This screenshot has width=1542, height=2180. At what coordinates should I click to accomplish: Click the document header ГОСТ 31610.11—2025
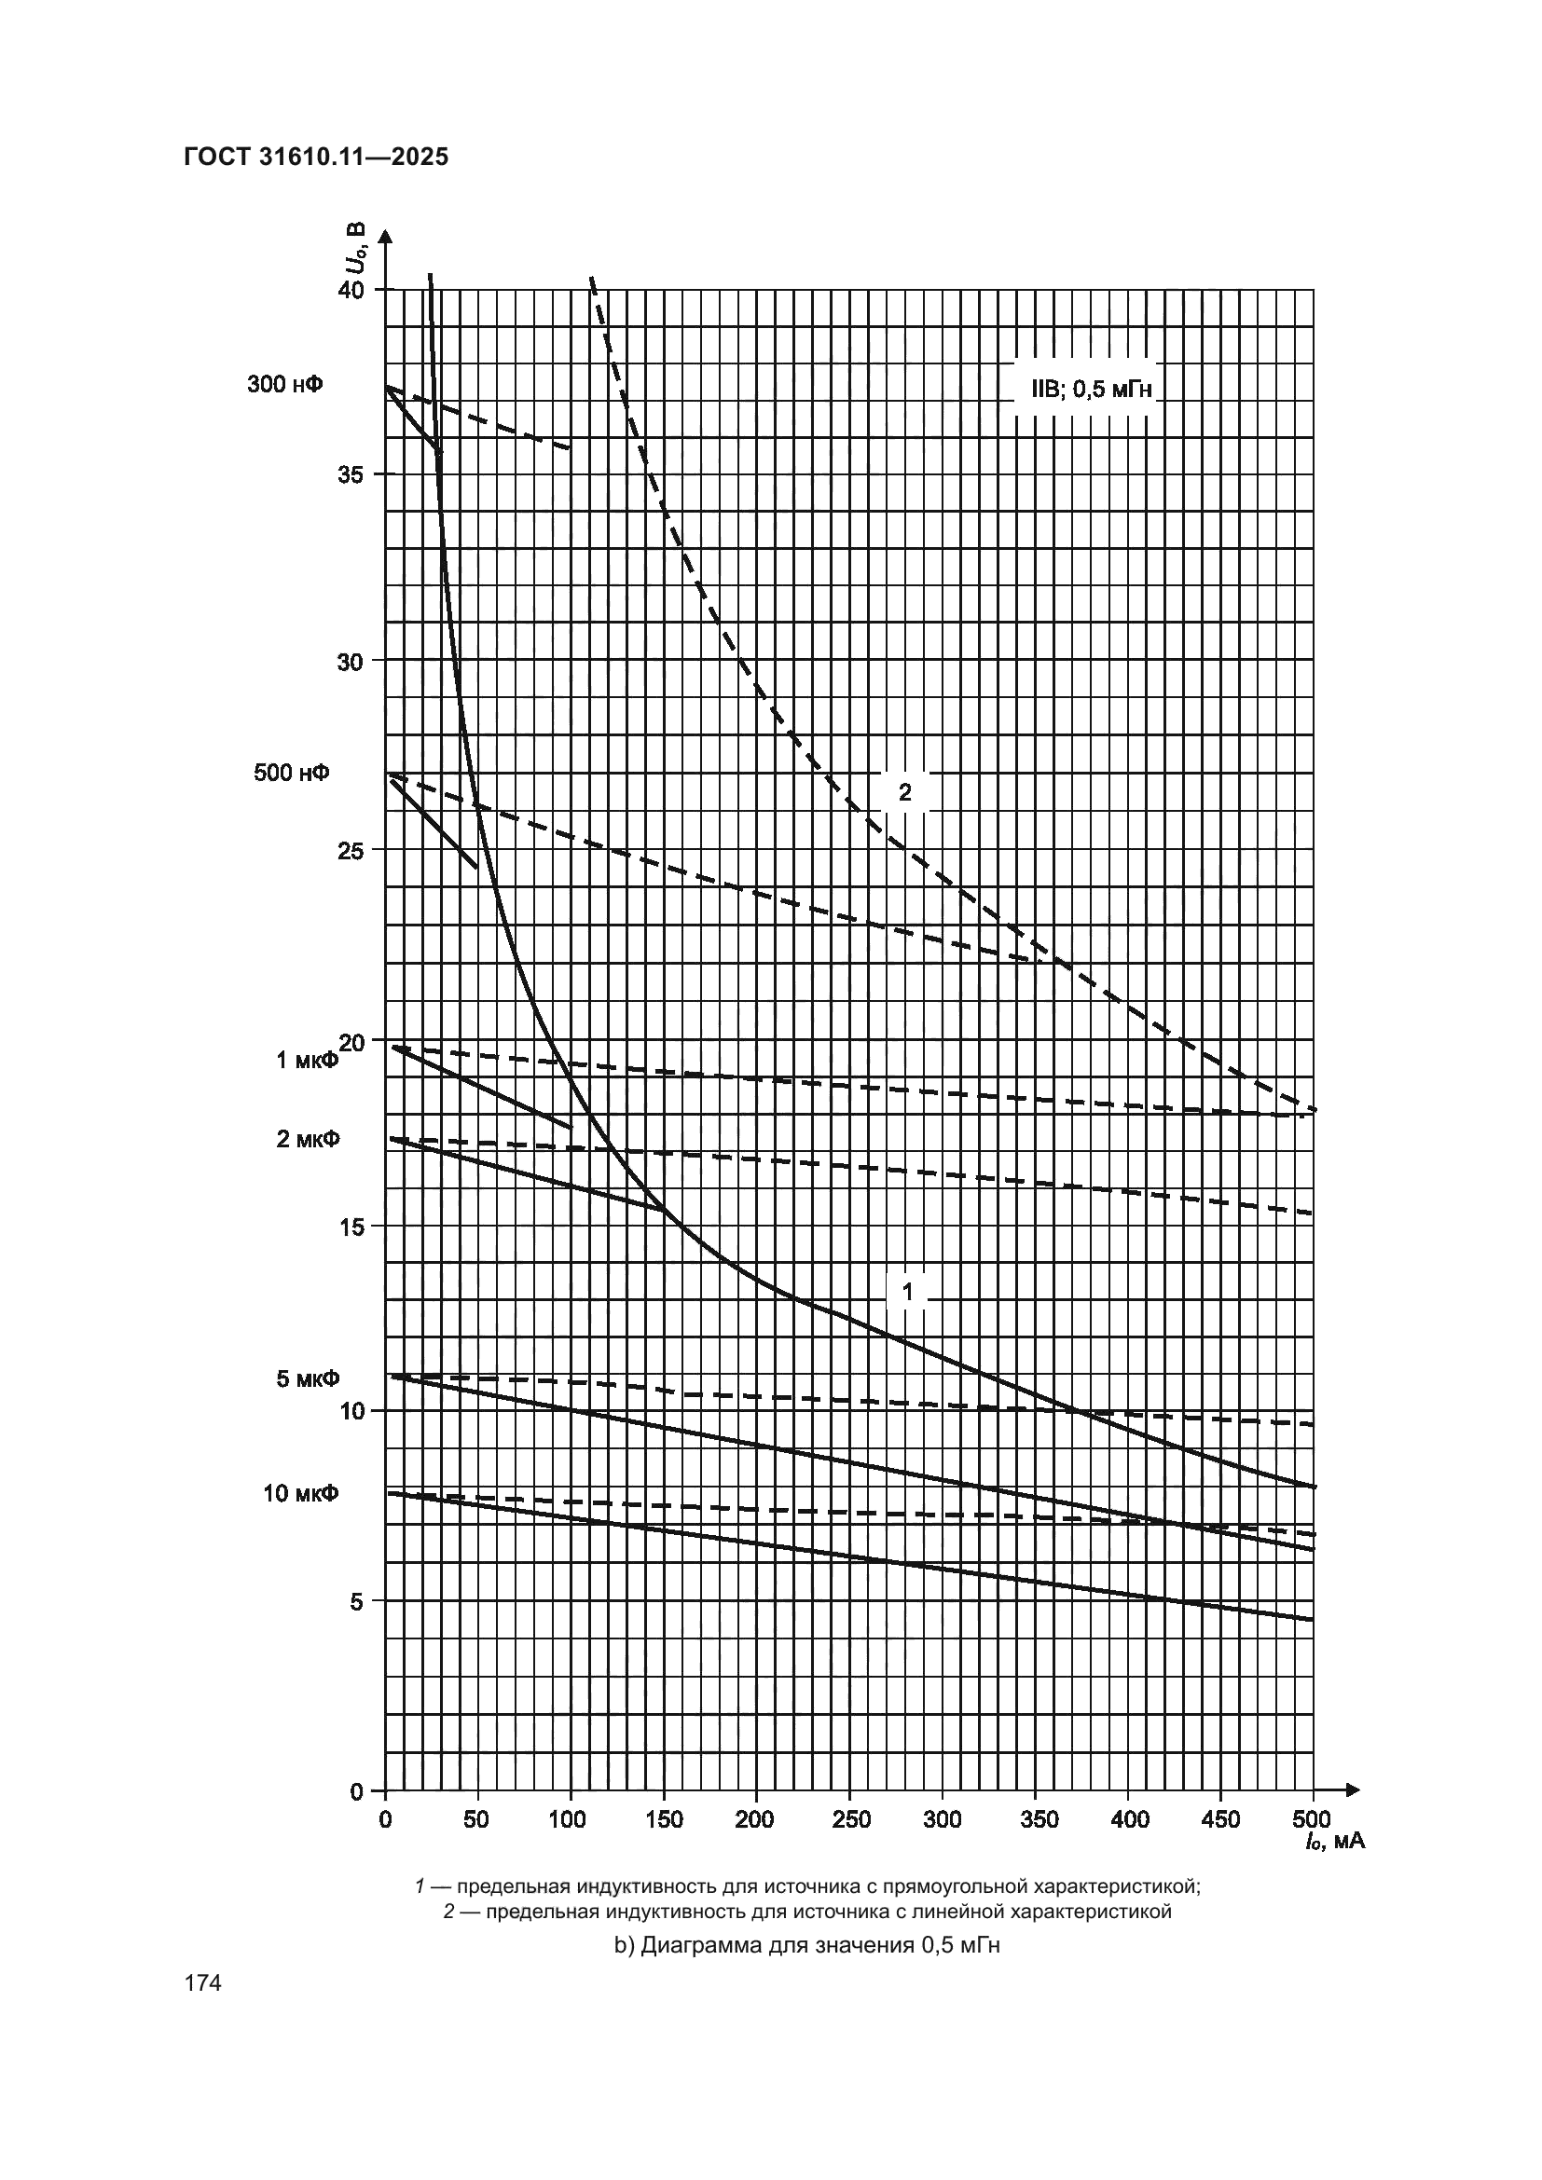315,158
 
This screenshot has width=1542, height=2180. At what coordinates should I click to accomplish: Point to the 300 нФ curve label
285,385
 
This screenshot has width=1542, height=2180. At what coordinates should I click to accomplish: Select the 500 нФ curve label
292,773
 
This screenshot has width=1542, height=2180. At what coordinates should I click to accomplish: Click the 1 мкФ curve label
307,1061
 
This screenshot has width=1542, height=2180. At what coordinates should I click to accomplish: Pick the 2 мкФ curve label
308,1138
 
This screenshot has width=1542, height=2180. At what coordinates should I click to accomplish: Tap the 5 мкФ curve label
308,1378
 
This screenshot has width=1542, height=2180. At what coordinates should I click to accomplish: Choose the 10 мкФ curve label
301,1493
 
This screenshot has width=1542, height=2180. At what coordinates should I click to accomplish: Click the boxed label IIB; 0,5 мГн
1084,389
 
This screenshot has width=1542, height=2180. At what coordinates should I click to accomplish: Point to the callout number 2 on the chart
905,792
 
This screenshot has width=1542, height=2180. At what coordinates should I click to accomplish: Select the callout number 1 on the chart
908,1292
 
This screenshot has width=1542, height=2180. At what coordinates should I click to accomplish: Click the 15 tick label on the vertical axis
351,1227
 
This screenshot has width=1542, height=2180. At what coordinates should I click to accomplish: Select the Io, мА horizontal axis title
1334,1841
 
